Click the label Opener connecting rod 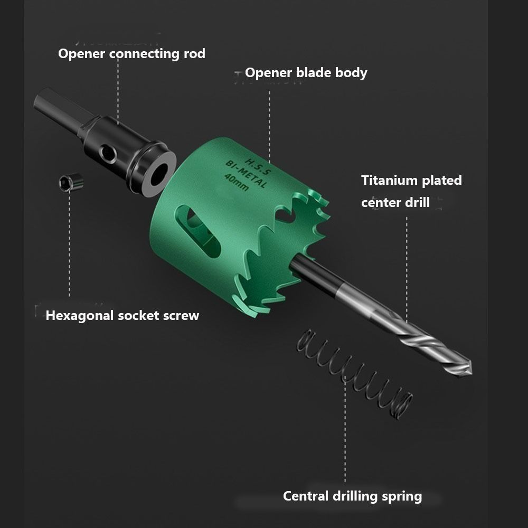(x=131, y=53)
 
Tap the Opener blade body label (x=306, y=72)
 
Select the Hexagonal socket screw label (x=122, y=316)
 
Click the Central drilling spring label (x=352, y=496)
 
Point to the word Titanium (x=389, y=180)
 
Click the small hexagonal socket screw (x=71, y=182)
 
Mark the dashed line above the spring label (x=345, y=433)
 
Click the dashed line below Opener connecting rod (x=118, y=90)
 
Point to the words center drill (x=395, y=202)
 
